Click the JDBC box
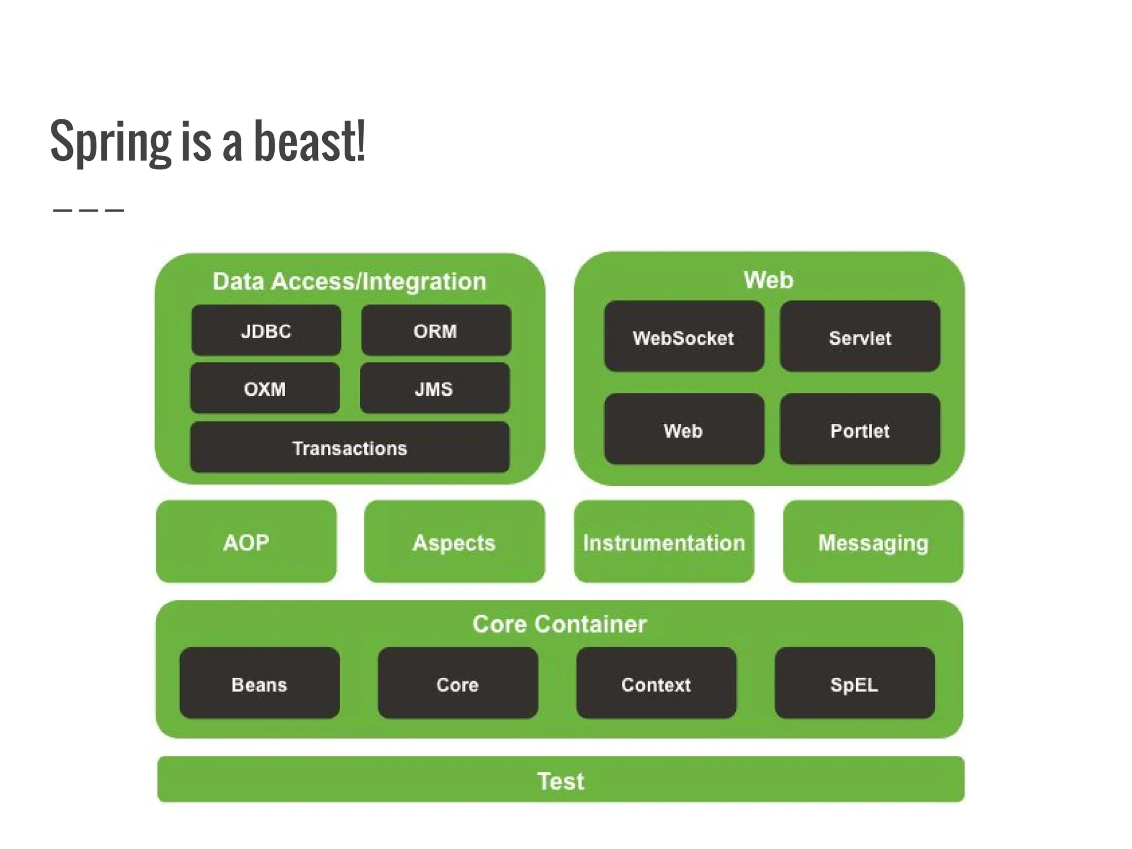(266, 331)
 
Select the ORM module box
(436, 331)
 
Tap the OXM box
(265, 388)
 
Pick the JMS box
(434, 388)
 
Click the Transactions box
(349, 447)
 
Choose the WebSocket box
(684, 337)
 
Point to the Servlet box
(860, 337)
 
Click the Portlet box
(860, 429)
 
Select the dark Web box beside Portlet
(684, 429)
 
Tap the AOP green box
(246, 542)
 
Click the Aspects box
(454, 542)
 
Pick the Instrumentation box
(664, 542)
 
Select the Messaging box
(873, 542)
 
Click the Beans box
(259, 684)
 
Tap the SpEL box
(855, 684)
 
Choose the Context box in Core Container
(656, 684)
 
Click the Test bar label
(560, 780)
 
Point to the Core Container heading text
(559, 623)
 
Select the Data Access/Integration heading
(349, 281)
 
